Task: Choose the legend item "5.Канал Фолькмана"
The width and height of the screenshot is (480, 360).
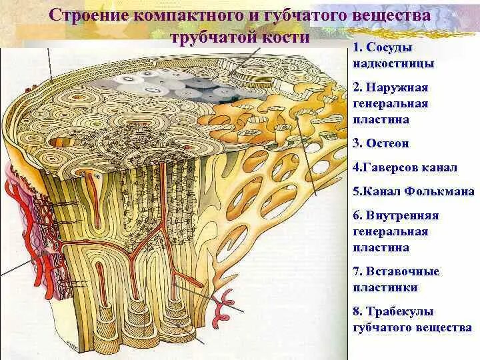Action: tap(413, 191)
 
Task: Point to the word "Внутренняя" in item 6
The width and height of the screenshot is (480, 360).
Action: tap(410, 216)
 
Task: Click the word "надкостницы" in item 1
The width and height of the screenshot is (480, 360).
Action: tap(393, 64)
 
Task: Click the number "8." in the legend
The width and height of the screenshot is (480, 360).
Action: tap(357, 311)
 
